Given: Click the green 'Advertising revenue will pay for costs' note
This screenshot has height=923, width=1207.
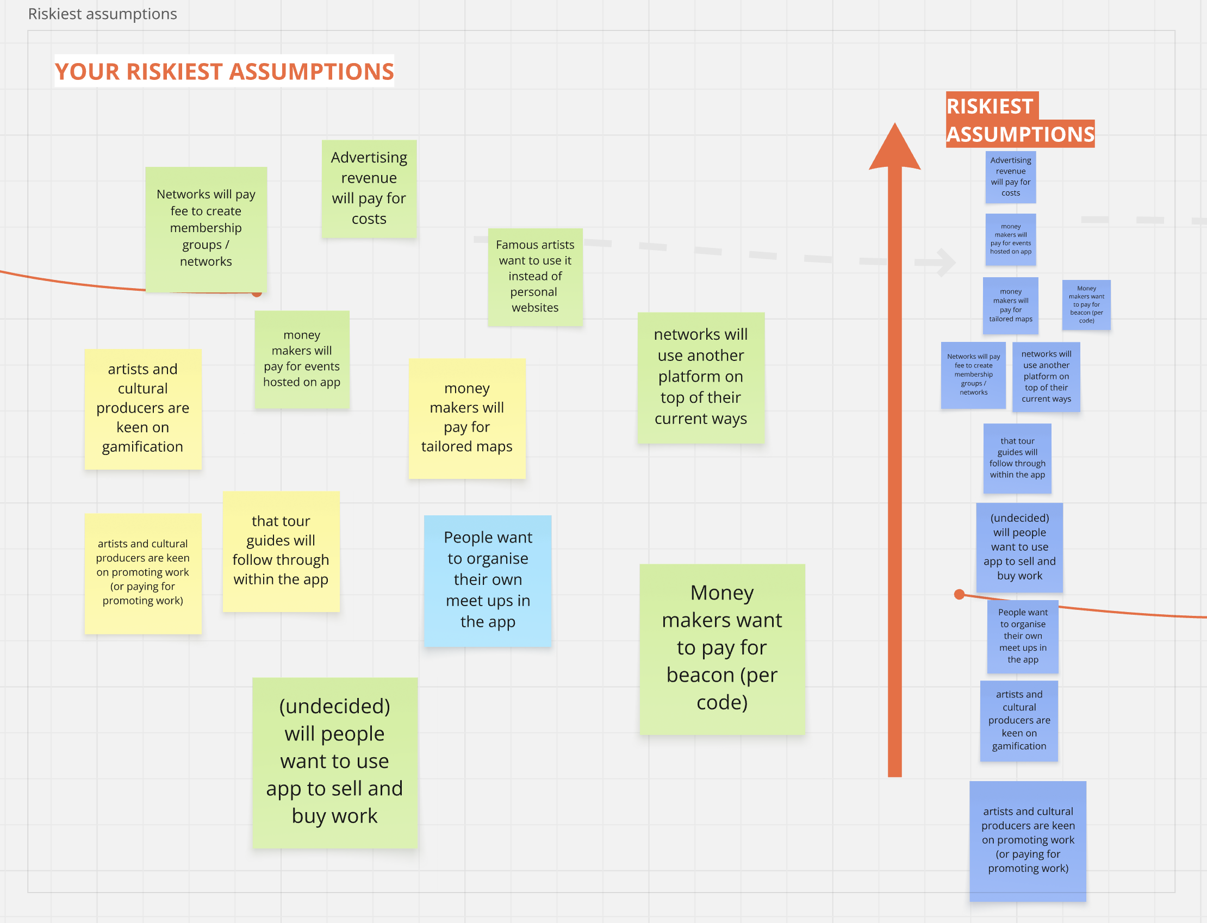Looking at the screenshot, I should pos(369,189).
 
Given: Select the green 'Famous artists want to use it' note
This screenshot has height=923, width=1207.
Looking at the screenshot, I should pos(534,276).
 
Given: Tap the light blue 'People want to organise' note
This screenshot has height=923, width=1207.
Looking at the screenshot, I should pos(487,580).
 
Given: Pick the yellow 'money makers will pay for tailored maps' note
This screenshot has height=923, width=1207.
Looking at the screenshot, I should pos(466,418).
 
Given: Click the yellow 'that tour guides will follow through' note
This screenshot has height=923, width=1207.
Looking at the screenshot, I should pos(281,551).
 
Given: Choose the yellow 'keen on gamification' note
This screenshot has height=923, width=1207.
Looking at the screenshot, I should pos(142,409).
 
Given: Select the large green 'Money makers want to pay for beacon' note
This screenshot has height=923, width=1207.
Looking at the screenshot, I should pos(721,648).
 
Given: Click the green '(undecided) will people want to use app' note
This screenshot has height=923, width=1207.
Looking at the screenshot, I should pos(334,762).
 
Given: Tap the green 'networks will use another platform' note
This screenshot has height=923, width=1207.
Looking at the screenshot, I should pos(700,377).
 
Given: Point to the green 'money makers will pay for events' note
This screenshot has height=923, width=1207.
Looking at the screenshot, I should pos(302,359).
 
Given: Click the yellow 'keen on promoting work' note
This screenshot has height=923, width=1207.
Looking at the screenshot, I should pos(142,572).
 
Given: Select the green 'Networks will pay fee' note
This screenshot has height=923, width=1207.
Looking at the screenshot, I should pos(206,228).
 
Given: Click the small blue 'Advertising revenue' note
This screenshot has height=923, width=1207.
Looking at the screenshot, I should pos(1010,177).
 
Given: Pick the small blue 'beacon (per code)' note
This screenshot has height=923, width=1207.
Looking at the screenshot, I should pos(1086,304).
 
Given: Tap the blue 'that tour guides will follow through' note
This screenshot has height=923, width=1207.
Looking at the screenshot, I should pos(1017,458).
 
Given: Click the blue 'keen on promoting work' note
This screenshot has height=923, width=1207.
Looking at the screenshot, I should pos(1028,840).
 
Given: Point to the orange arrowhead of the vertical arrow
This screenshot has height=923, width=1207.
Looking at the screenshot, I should pos(894,148).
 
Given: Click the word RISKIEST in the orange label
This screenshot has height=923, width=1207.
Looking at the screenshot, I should pos(990,106).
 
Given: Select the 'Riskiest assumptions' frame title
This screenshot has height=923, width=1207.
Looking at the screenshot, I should pos(103,14).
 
